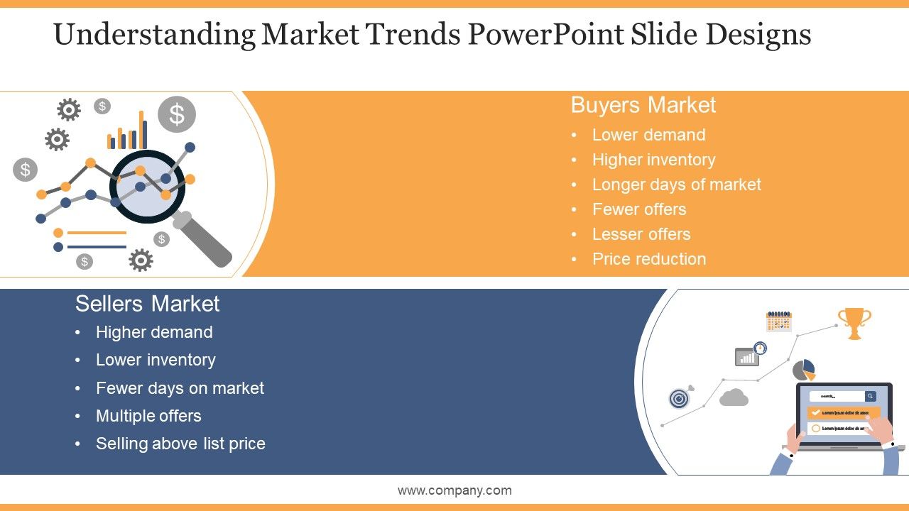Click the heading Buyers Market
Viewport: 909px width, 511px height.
point(643,105)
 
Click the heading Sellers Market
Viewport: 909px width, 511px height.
point(147,304)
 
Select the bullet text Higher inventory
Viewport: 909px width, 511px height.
point(653,160)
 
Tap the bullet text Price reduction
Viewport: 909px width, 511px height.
point(649,259)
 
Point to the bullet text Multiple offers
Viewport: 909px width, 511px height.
point(148,416)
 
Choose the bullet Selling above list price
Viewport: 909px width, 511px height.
point(180,444)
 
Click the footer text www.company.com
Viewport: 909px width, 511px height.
point(454,490)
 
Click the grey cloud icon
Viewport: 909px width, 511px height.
point(734,397)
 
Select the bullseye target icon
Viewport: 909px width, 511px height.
point(680,399)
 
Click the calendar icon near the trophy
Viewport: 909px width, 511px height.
point(778,322)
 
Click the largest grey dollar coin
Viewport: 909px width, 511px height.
point(176,114)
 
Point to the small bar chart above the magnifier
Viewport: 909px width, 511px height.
point(128,133)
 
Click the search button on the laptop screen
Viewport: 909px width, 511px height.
point(870,396)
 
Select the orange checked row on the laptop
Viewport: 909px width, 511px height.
point(844,412)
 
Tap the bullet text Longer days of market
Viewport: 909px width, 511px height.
point(676,185)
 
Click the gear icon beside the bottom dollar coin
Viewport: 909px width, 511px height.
point(141,260)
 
